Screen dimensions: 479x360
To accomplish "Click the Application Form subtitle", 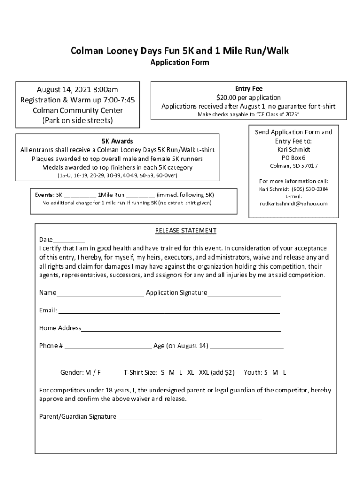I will [180, 62].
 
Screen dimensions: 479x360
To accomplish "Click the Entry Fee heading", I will [248, 88].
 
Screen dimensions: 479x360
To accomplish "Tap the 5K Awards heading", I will [117, 141].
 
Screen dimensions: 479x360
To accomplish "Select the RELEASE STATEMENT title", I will [186, 231].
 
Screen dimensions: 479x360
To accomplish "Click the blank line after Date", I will [69, 239].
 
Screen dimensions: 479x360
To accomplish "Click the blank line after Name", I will [100, 293].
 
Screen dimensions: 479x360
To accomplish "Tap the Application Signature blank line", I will [244, 293].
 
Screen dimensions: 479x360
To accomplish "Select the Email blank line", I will [169, 311].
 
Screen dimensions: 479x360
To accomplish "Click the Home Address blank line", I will [181, 329].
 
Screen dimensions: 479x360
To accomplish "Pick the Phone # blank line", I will [108, 347].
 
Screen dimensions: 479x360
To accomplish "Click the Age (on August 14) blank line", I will [247, 347].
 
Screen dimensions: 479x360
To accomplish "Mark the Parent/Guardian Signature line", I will [190, 417].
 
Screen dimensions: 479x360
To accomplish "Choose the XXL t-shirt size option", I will [204, 373].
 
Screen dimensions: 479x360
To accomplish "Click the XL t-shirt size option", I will [191, 373].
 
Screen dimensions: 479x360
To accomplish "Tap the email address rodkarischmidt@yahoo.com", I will [294, 203].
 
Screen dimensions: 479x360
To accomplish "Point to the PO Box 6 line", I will [294, 158].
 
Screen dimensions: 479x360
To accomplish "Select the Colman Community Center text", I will [78, 110].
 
